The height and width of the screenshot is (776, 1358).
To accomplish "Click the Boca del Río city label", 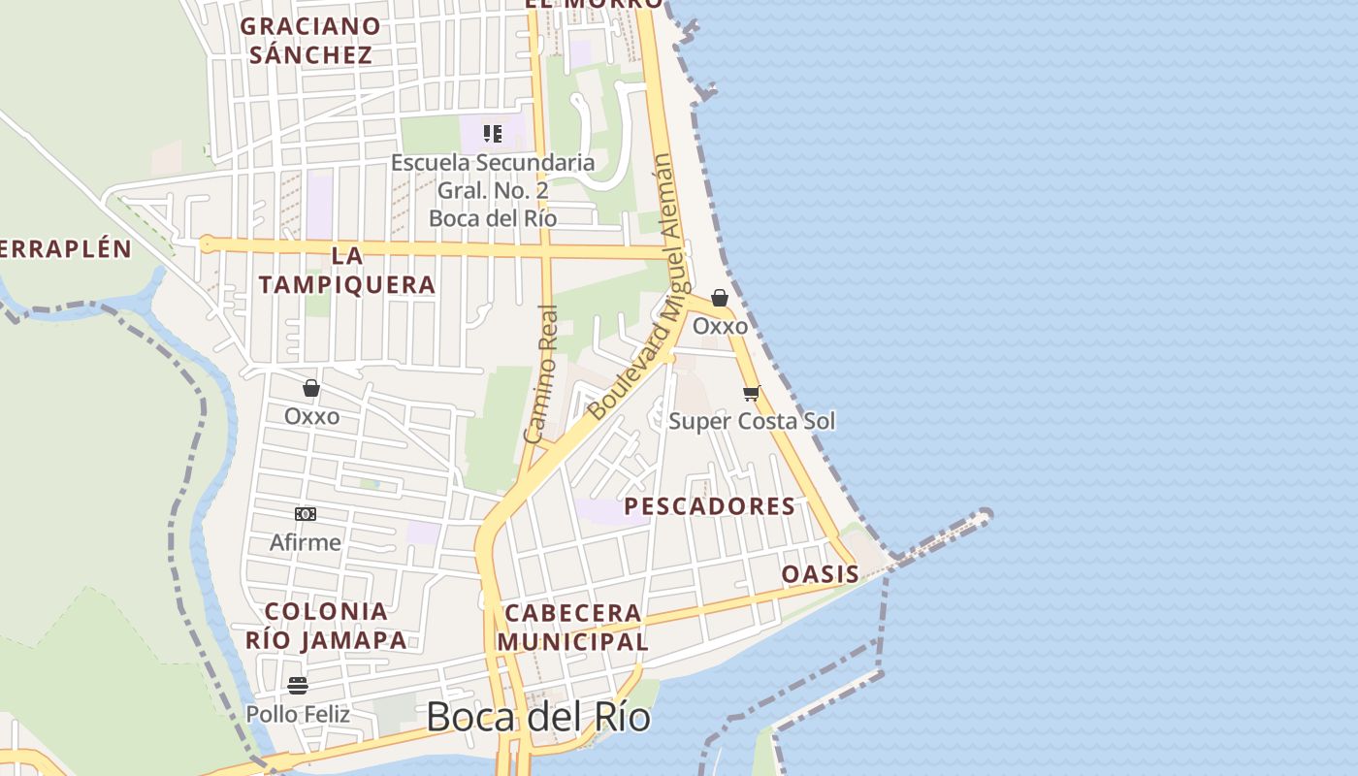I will click(538, 717).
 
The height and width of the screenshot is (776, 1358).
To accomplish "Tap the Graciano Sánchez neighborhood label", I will click(310, 40).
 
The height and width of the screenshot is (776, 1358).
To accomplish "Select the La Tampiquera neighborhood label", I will click(347, 271).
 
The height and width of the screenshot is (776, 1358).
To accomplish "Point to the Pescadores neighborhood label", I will click(709, 506).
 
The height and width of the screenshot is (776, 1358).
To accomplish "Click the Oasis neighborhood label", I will click(821, 574).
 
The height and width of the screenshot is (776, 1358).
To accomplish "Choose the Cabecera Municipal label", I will click(572, 627).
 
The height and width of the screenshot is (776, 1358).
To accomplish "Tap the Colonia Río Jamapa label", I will click(326, 626).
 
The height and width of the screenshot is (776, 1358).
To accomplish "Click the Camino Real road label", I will click(541, 374).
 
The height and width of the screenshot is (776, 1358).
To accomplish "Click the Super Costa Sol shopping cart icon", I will click(751, 393).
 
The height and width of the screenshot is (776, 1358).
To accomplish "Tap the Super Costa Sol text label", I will click(752, 421).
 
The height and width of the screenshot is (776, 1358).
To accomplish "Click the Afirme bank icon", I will click(306, 514).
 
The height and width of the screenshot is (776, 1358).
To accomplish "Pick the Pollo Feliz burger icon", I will click(298, 686).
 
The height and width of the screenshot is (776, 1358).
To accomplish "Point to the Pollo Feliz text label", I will click(298, 714).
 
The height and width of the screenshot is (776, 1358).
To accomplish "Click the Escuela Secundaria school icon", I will click(493, 134).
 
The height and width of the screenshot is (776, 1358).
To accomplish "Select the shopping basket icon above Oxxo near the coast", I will click(720, 298).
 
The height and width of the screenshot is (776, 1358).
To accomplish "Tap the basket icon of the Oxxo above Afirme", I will click(311, 388).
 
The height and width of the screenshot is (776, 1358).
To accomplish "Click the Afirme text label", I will click(306, 542).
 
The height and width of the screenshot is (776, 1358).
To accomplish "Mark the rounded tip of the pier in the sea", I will click(986, 515).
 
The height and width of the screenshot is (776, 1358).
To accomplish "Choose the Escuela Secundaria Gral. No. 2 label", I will click(493, 190).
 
